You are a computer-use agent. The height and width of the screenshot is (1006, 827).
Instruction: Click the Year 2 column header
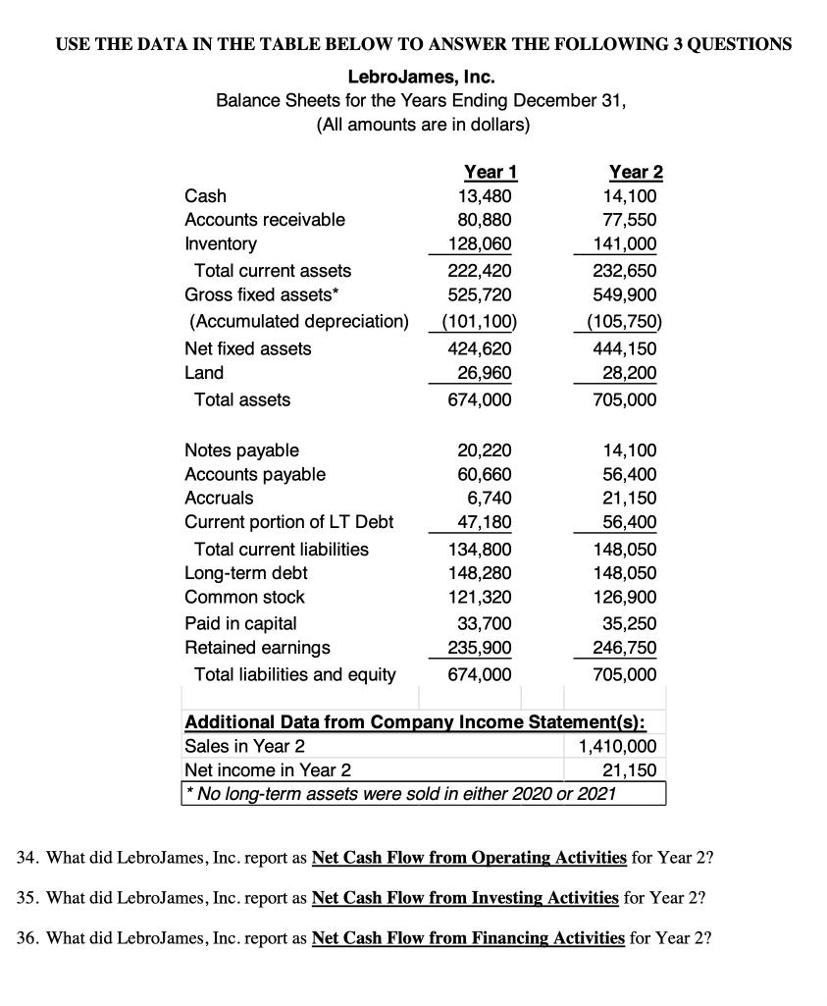click(636, 172)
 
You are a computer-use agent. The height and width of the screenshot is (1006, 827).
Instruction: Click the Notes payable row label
click(242, 450)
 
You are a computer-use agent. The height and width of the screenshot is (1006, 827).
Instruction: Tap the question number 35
click(28, 897)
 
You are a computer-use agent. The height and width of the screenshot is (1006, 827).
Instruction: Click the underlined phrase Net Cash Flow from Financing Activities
click(467, 937)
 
